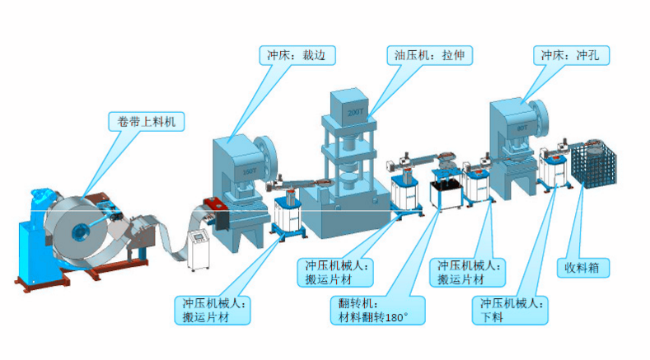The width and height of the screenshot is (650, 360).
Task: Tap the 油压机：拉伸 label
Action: tap(427, 56)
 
